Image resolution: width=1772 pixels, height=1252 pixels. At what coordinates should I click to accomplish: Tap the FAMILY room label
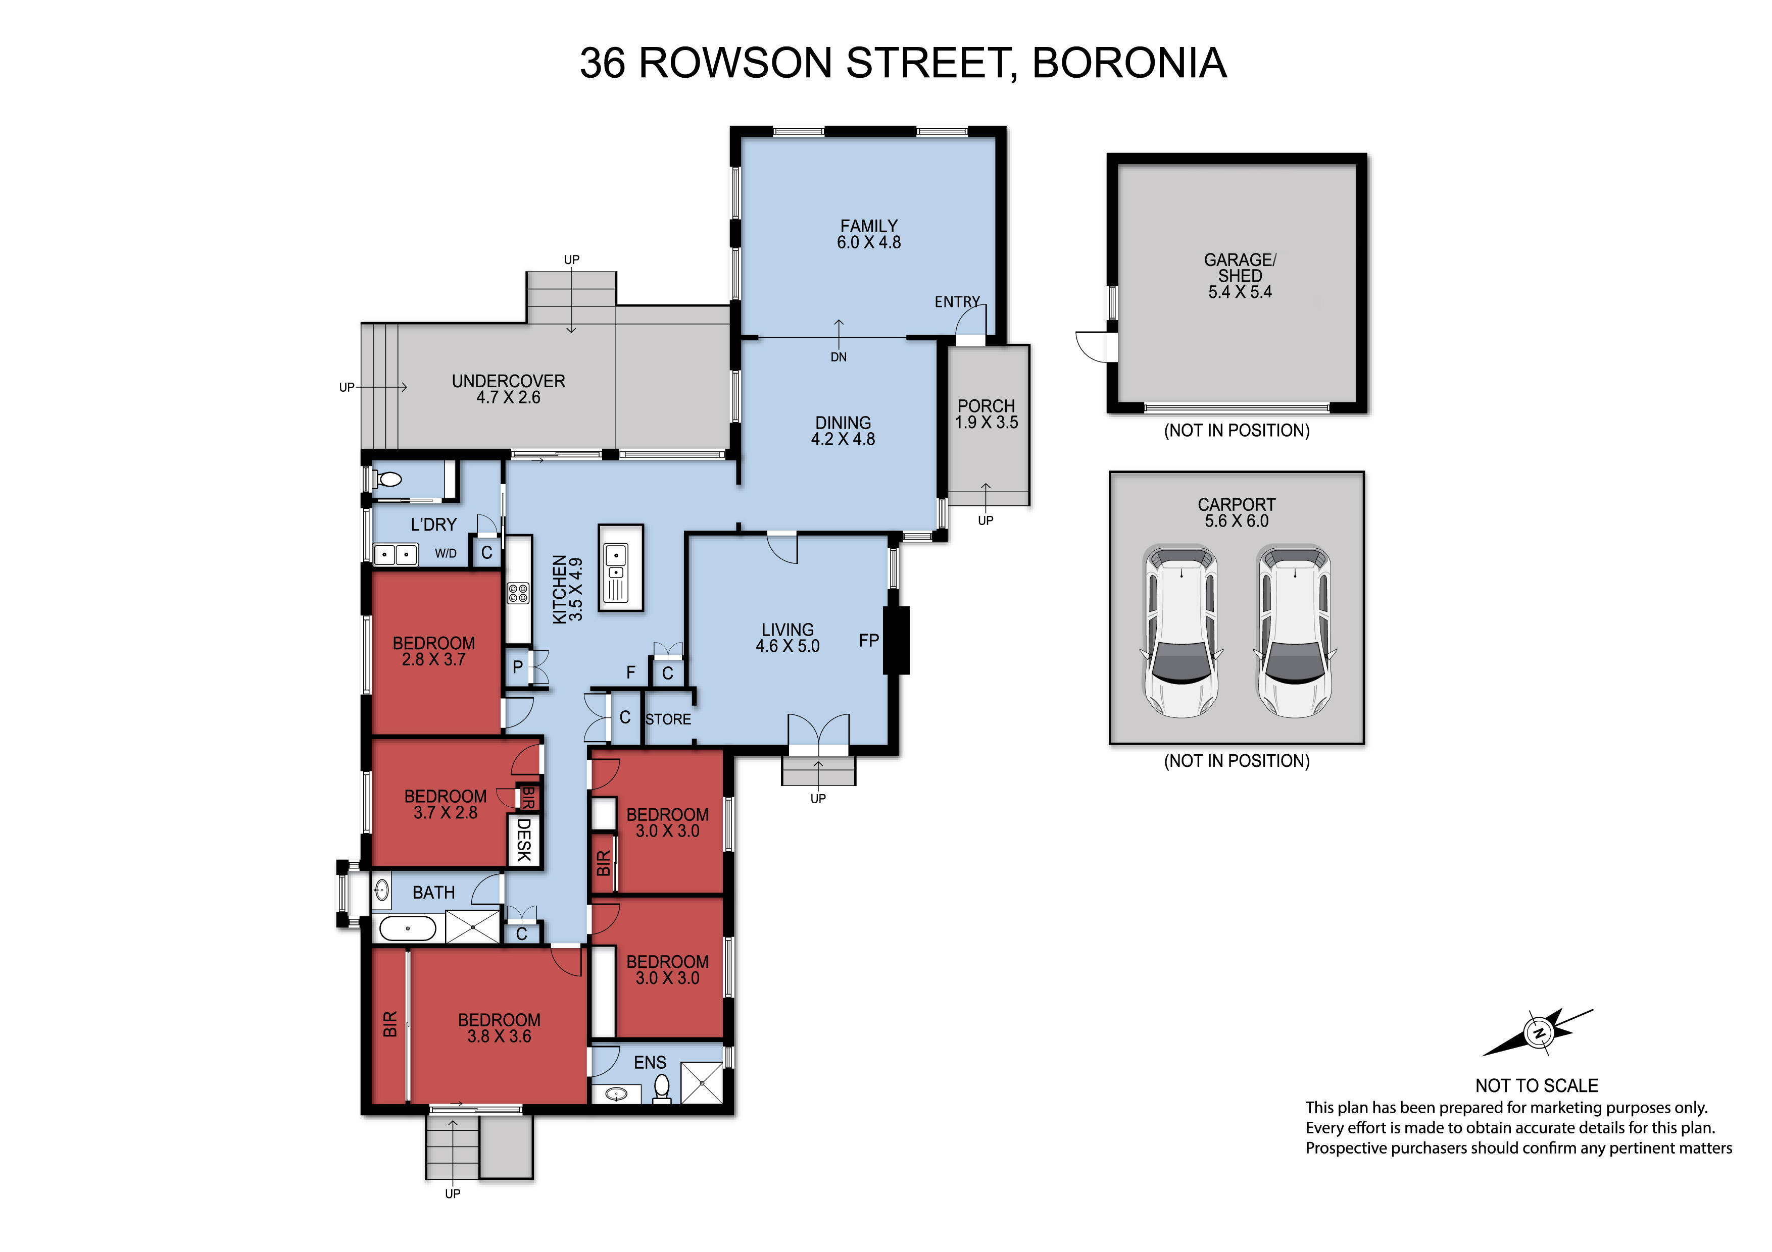(x=869, y=226)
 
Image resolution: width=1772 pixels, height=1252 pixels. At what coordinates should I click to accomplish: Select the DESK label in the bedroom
(x=524, y=840)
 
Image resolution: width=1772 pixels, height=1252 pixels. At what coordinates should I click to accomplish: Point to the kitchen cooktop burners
(x=518, y=593)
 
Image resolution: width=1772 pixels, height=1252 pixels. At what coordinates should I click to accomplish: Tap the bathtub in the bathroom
(x=408, y=928)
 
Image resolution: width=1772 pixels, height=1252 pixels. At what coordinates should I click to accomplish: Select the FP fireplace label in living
(x=869, y=640)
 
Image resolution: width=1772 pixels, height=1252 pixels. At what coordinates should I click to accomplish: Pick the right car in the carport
(x=1294, y=632)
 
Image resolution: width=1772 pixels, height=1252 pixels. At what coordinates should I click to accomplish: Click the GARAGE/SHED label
(x=1240, y=268)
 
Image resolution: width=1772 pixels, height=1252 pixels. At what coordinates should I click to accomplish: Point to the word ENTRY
(x=957, y=301)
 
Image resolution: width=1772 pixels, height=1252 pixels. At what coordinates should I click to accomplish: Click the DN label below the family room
(x=839, y=357)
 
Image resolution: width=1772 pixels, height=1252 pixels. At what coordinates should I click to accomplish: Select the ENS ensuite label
(x=650, y=1062)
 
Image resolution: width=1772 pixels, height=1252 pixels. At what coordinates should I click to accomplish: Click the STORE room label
(x=668, y=719)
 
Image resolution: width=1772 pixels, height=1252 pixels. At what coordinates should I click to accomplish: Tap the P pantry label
(x=518, y=666)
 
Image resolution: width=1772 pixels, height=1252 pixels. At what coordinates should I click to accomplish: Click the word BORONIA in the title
(x=1129, y=63)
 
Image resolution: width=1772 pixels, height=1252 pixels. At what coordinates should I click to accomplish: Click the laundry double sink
(x=395, y=555)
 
